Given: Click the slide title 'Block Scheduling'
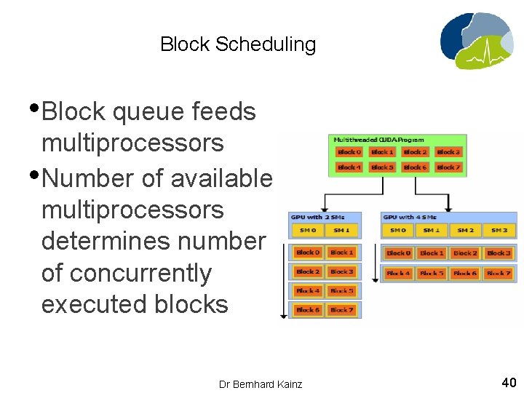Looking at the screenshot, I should coord(238,44).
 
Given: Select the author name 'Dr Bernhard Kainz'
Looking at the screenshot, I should coord(261,384).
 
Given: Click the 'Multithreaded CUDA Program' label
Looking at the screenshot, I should coord(378,139).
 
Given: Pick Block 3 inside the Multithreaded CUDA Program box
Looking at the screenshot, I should coord(448,152).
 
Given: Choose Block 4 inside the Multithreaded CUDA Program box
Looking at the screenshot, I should coord(349,167).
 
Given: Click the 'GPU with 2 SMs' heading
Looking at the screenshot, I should coord(317,217).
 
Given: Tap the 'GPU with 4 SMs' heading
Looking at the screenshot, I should coord(408,217).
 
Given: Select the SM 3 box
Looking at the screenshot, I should coord(499,230).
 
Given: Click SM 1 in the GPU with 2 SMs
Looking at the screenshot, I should coord(341,230).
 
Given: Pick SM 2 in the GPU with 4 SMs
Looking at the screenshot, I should coord(465,230).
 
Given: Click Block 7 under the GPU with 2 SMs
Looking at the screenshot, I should coord(341,309).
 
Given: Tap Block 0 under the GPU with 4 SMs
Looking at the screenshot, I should coord(398,253).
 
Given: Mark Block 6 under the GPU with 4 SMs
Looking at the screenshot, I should coord(465,273).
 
